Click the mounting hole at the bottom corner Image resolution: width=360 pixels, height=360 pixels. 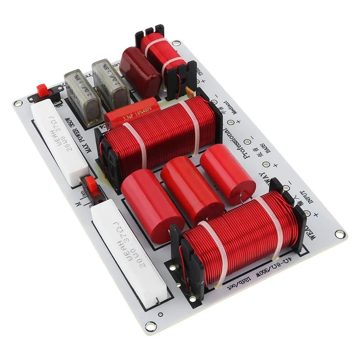(150, 326)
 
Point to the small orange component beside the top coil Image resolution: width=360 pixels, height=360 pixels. (189, 93)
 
